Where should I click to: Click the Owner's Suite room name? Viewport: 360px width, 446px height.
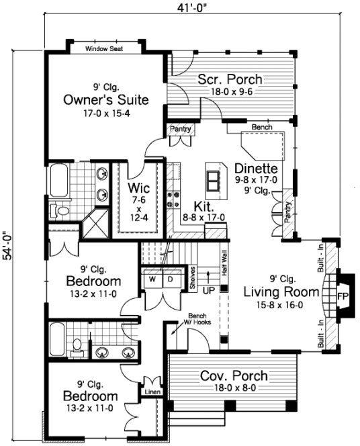click(x=106, y=100)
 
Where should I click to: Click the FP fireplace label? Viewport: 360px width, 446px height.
click(x=342, y=296)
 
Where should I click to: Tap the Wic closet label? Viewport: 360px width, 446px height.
click(x=140, y=187)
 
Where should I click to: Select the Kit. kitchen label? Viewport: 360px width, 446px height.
click(x=203, y=206)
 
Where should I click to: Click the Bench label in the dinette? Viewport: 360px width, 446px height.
click(x=261, y=127)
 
